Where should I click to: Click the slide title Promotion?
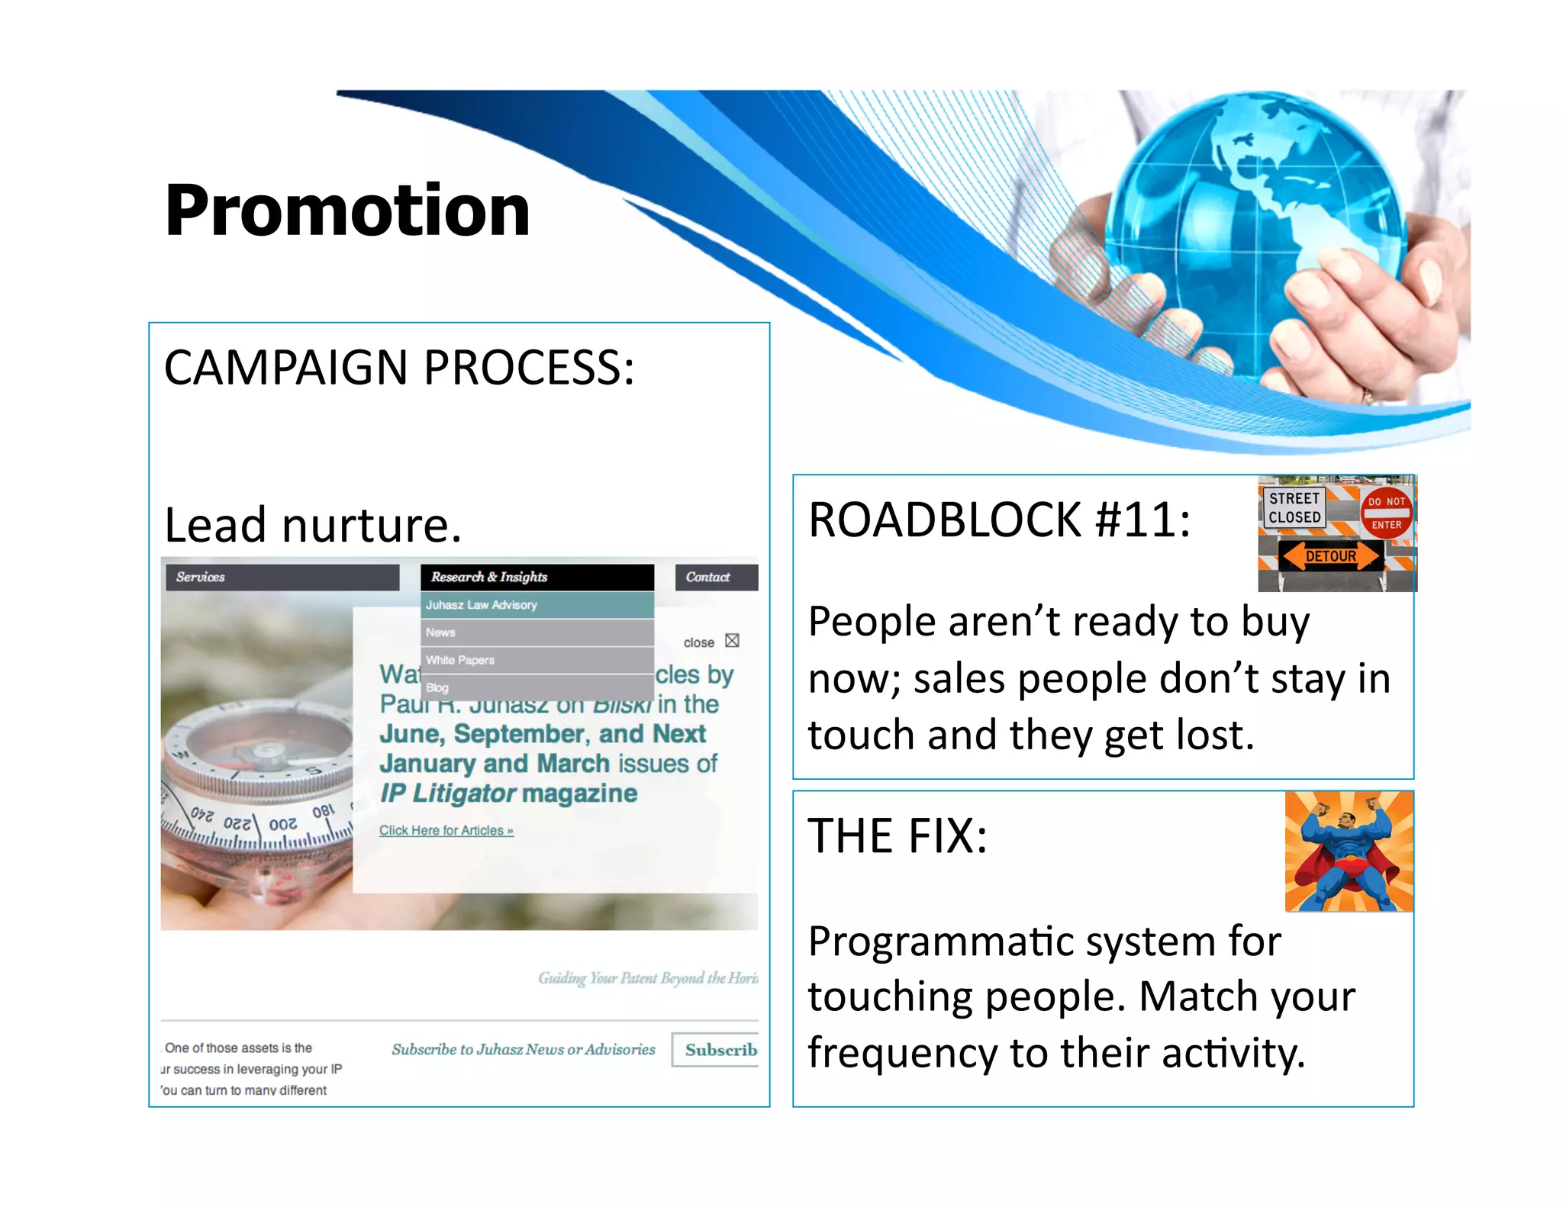347,211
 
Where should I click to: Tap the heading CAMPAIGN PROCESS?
399,368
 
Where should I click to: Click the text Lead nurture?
313,525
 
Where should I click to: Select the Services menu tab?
282,577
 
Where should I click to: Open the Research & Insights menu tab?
537,577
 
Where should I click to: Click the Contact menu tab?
715,577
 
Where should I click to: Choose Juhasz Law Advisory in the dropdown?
537,605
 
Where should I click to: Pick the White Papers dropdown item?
537,660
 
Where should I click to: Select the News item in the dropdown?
537,632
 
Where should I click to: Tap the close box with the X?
732,641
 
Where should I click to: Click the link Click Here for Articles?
446,830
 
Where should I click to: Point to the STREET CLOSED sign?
1294,507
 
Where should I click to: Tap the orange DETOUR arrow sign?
1330,556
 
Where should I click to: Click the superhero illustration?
1348,851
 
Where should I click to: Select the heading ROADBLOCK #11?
999,520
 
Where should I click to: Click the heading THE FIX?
898,836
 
